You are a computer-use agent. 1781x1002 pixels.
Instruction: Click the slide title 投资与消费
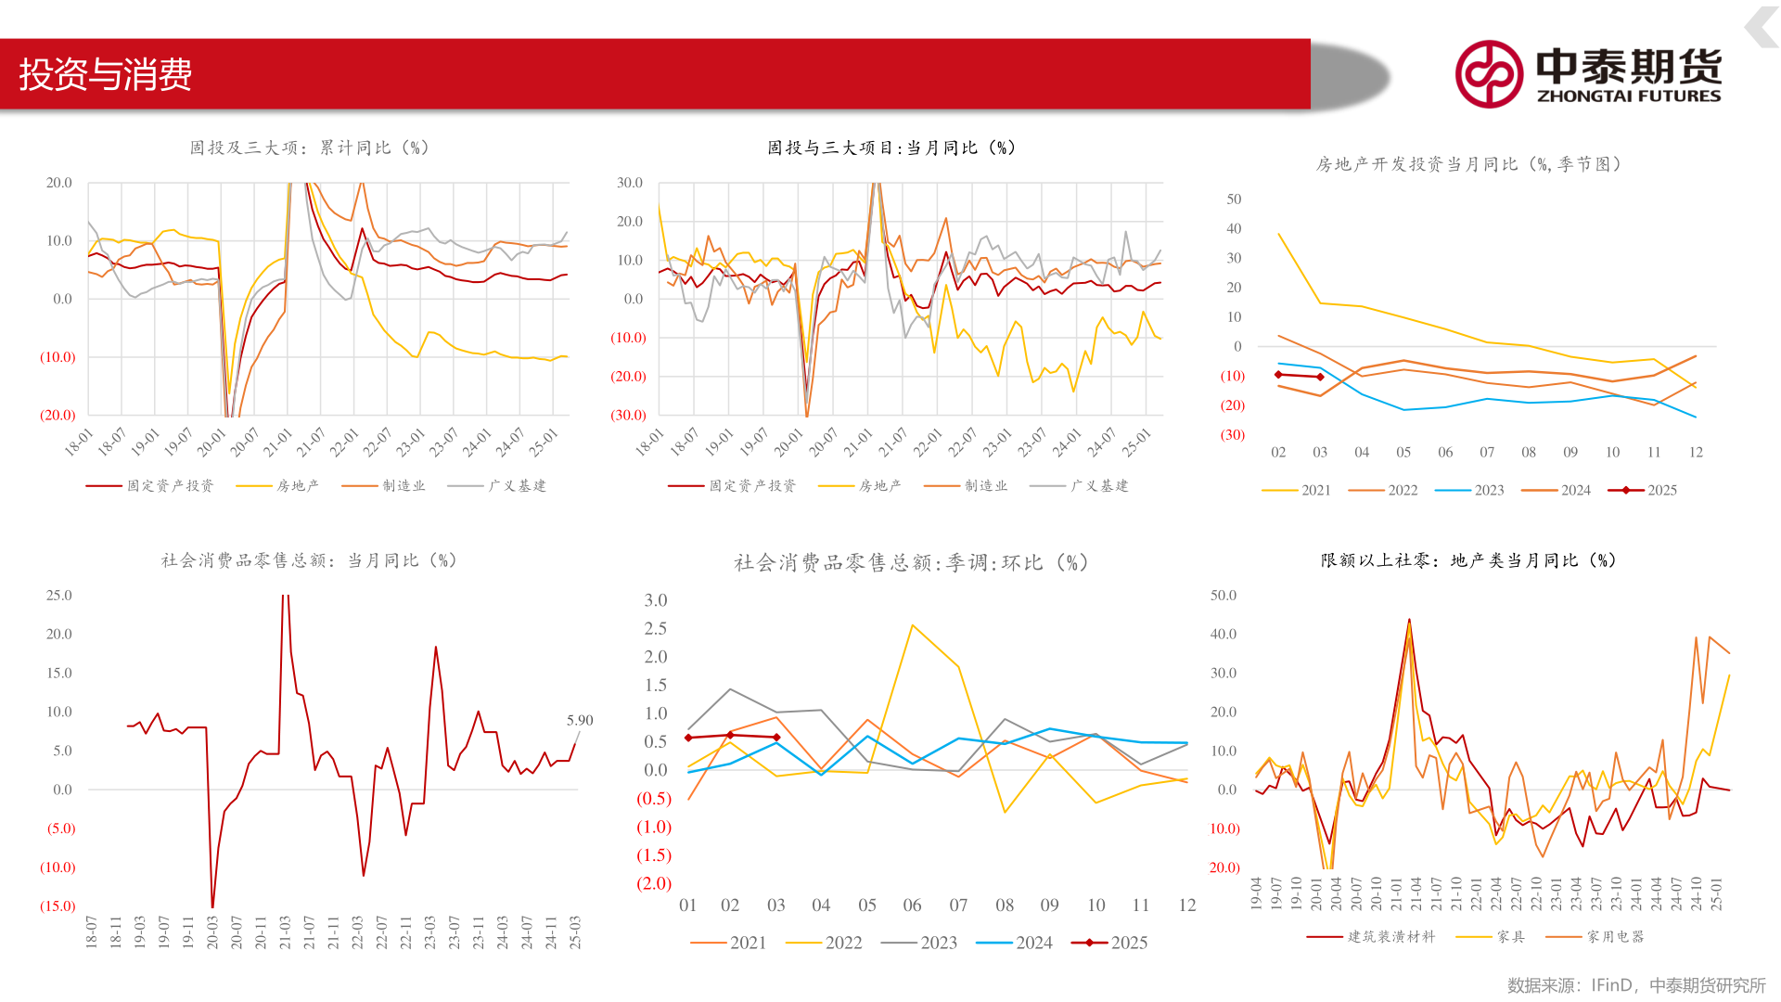106,74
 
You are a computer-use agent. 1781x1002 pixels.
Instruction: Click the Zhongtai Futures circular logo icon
1489,74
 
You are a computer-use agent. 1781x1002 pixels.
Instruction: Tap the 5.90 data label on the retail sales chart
580,721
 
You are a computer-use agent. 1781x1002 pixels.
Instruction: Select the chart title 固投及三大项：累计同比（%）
310,148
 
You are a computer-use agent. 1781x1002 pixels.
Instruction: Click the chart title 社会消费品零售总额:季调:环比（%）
911,563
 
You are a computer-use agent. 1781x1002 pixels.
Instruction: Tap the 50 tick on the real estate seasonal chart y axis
1234,199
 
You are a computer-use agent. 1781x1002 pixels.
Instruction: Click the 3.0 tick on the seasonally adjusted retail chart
656,600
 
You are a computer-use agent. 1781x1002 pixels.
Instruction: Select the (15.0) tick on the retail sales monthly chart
58,906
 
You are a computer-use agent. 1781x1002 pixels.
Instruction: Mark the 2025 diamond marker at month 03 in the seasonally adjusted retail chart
776,738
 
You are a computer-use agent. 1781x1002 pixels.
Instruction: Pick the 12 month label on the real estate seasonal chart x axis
1696,453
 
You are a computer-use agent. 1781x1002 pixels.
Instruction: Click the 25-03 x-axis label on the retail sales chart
575,931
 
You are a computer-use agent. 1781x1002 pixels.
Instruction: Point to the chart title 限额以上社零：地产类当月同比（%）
1468,561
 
